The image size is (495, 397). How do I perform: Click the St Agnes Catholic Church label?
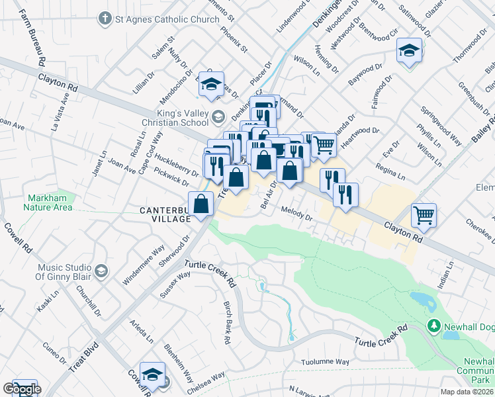tap(167, 19)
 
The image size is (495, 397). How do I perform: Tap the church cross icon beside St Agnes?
tap(105, 19)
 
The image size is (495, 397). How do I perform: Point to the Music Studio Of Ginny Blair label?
tap(64, 272)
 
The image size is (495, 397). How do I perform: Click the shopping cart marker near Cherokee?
tap(424, 214)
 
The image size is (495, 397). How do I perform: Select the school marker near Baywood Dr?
tap(409, 50)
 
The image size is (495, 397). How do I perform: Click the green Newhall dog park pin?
tap(434, 326)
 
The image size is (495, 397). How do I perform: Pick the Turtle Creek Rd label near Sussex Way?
tap(210, 273)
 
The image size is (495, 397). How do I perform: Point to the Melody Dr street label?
tap(296, 213)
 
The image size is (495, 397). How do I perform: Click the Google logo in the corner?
tap(21, 389)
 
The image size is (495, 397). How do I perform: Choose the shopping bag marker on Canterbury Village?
tap(201, 203)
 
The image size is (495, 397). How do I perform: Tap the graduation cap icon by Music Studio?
tap(101, 271)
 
